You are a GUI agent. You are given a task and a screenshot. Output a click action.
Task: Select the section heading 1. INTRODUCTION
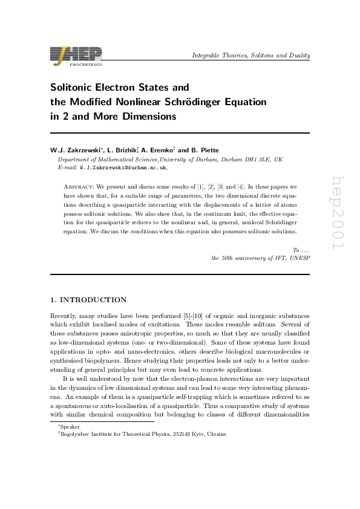coord(88,300)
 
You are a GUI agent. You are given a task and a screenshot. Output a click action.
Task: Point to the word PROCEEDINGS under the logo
coord(89,63)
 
